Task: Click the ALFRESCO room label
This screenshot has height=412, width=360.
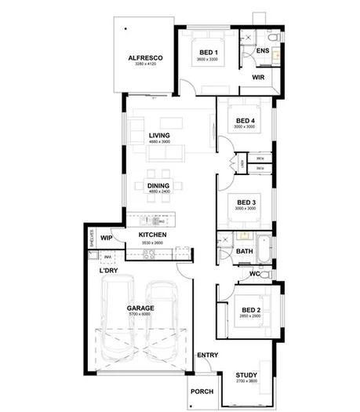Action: [x=146, y=58]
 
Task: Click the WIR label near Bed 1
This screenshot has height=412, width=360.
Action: [x=258, y=78]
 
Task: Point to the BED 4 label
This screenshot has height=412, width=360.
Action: [x=244, y=119]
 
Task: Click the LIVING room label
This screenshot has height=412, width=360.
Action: [x=159, y=135]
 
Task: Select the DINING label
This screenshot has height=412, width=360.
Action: [x=159, y=185]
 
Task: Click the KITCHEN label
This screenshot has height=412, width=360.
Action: [x=151, y=235]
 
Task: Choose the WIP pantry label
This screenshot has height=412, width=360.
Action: [x=107, y=236]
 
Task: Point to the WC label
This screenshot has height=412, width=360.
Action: [x=254, y=274]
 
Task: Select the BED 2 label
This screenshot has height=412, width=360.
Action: [x=251, y=308]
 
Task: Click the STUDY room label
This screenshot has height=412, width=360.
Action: [x=246, y=375]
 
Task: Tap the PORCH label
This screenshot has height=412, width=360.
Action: [x=202, y=390]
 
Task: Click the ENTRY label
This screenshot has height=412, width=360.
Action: [x=207, y=355]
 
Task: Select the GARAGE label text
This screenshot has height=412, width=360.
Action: [x=140, y=308]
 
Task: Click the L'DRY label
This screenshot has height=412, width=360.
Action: [x=108, y=271]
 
